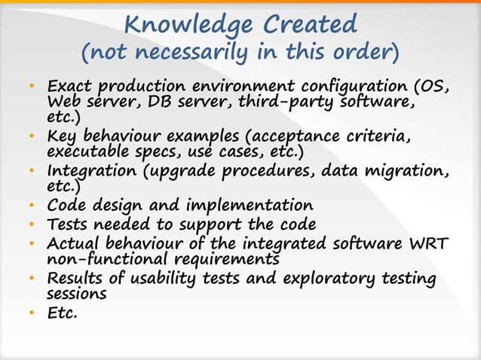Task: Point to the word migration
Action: tap(410, 172)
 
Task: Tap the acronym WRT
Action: tap(430, 244)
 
